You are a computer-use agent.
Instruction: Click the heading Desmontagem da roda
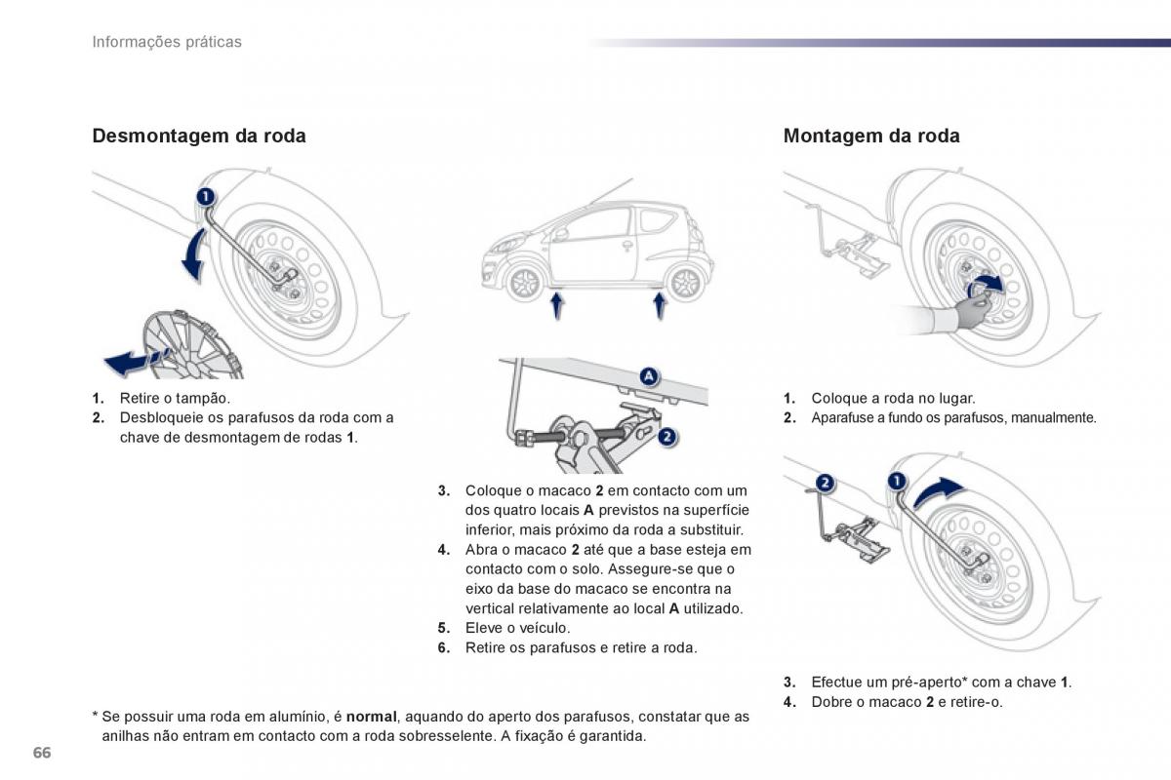(x=198, y=136)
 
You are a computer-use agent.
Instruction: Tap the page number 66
(x=41, y=753)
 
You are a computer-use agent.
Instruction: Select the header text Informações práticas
(x=167, y=42)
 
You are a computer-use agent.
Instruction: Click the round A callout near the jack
(x=649, y=376)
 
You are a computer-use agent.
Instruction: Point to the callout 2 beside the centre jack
(x=666, y=437)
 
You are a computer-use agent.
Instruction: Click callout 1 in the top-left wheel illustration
(x=205, y=196)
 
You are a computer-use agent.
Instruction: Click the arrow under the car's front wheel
(x=556, y=305)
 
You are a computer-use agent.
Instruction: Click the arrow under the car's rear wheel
(x=660, y=305)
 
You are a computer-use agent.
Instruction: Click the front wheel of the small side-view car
(x=525, y=283)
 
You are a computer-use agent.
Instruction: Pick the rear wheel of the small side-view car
(x=684, y=283)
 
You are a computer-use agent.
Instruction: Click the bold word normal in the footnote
(x=371, y=717)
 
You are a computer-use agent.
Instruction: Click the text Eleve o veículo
(x=517, y=628)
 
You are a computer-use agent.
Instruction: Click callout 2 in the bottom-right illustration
(x=825, y=482)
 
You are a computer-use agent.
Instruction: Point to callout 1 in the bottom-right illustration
(x=897, y=480)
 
